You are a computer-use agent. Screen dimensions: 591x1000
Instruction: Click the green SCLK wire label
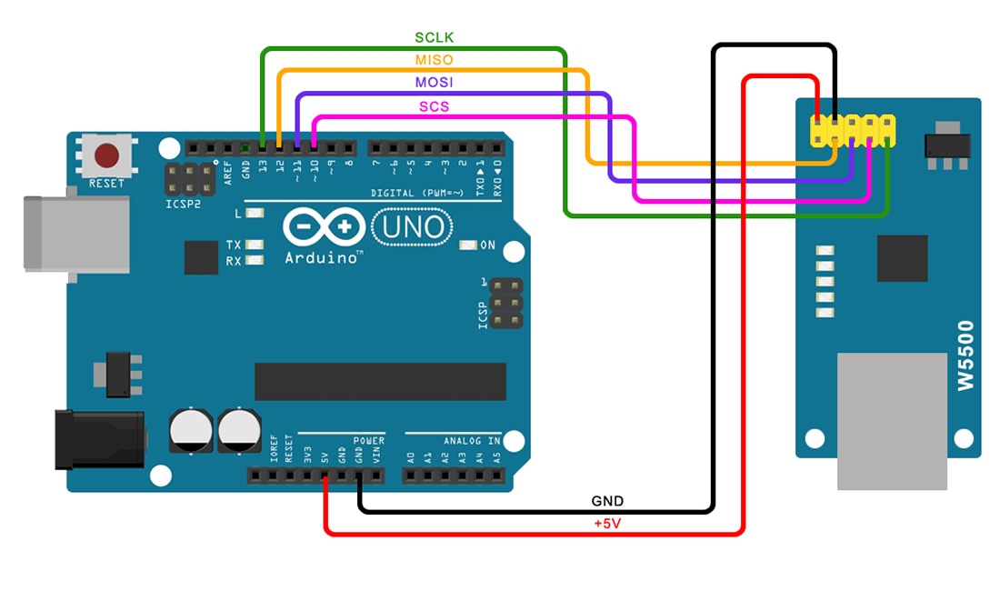point(434,37)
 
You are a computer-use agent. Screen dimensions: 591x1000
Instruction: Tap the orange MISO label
point(434,60)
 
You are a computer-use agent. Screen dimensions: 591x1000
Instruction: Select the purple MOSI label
point(434,83)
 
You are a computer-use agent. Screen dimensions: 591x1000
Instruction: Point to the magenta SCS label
point(434,106)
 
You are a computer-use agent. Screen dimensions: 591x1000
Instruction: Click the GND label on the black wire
point(607,501)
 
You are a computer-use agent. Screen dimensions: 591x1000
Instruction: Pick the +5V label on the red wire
point(607,525)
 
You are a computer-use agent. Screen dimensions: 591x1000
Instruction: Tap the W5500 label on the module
point(965,356)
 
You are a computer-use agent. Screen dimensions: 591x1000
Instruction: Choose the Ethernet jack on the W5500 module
point(891,421)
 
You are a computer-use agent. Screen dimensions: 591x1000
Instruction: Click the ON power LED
point(468,245)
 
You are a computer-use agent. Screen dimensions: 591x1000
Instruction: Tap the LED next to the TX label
point(254,245)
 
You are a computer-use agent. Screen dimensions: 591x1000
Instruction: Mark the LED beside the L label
point(254,214)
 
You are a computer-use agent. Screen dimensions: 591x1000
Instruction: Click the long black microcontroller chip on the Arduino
point(379,381)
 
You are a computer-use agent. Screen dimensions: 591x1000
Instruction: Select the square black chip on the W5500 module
point(902,258)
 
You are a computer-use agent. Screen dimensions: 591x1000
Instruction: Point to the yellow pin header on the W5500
point(852,131)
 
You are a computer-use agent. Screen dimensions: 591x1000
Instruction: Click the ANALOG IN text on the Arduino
point(472,441)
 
